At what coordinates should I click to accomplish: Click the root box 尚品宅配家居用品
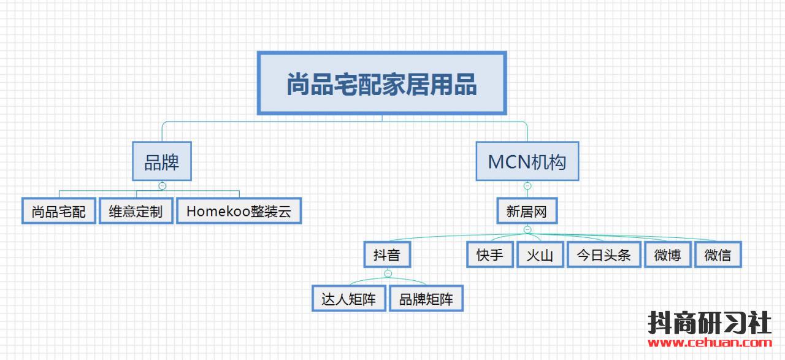tap(381, 83)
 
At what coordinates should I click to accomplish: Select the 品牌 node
tap(162, 161)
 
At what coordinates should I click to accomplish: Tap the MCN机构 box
tap(527, 161)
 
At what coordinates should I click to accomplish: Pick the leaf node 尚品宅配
tap(58, 211)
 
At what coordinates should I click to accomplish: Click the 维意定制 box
tap(136, 211)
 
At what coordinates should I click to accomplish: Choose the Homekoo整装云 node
tap(239, 211)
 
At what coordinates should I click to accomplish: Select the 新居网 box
tap(527, 211)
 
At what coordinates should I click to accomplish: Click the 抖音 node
tap(387, 255)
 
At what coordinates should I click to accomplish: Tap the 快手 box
tap(490, 255)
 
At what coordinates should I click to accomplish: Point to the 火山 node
tap(540, 255)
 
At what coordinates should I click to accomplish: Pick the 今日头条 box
tap(604, 255)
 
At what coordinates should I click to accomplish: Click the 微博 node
tap(668, 255)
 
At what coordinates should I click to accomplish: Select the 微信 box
tap(718, 255)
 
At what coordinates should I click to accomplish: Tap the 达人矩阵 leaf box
tap(349, 298)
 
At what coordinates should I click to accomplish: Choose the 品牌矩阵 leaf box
tap(426, 298)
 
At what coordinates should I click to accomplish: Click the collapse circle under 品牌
tap(163, 186)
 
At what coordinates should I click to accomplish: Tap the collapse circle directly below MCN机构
tap(527, 186)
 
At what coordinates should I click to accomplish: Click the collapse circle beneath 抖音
tap(388, 273)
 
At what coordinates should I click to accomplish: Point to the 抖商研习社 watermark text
tap(710, 323)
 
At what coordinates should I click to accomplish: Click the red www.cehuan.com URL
tap(710, 342)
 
